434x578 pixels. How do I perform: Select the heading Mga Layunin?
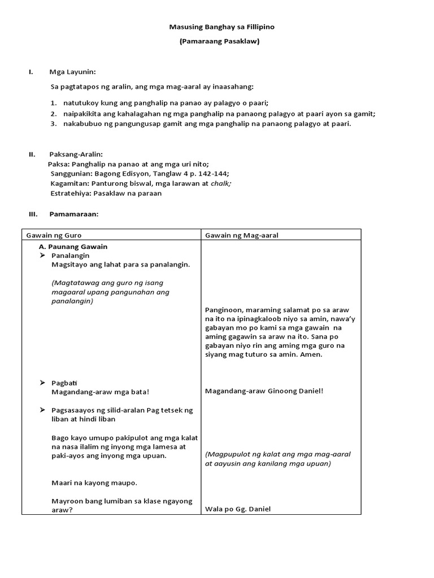[73, 72]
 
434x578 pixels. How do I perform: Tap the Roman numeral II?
[32, 154]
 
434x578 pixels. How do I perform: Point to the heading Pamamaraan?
[74, 214]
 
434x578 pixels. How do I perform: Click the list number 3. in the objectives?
[54, 124]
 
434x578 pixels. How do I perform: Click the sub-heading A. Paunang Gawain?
[73, 247]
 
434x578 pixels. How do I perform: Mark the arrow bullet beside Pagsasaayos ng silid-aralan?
[43, 410]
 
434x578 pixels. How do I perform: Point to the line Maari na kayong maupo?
[94, 483]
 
